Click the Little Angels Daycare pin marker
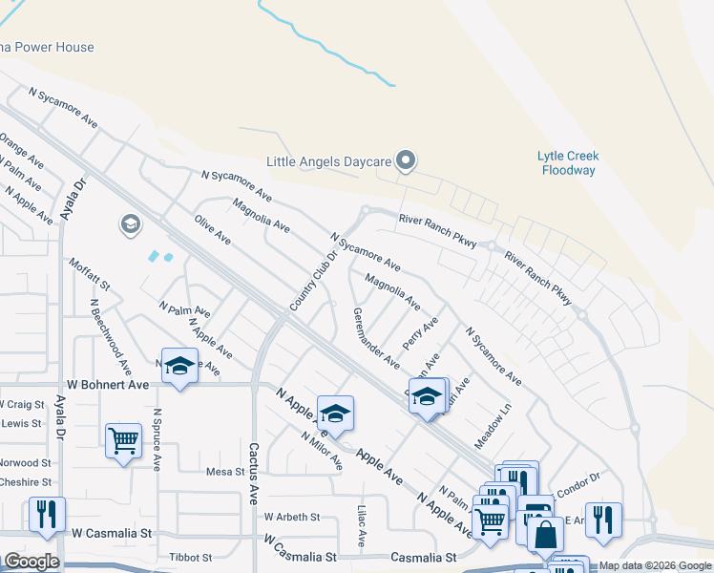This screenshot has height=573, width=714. coord(406,159)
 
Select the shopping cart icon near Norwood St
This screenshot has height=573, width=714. coord(123,440)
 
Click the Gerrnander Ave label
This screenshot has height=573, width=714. coord(376,338)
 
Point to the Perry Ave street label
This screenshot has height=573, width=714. coord(420,334)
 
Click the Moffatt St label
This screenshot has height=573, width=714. coord(91,274)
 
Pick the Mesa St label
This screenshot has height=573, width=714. coord(226,471)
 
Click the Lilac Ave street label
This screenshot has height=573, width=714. coord(362,525)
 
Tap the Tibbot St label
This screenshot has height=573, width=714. coord(191,557)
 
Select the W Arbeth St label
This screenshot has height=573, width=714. coord(292,517)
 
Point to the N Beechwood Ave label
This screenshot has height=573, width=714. coord(111,337)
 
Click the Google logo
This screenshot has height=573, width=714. coord(31,562)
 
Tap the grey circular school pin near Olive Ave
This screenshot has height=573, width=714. coord(130,224)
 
